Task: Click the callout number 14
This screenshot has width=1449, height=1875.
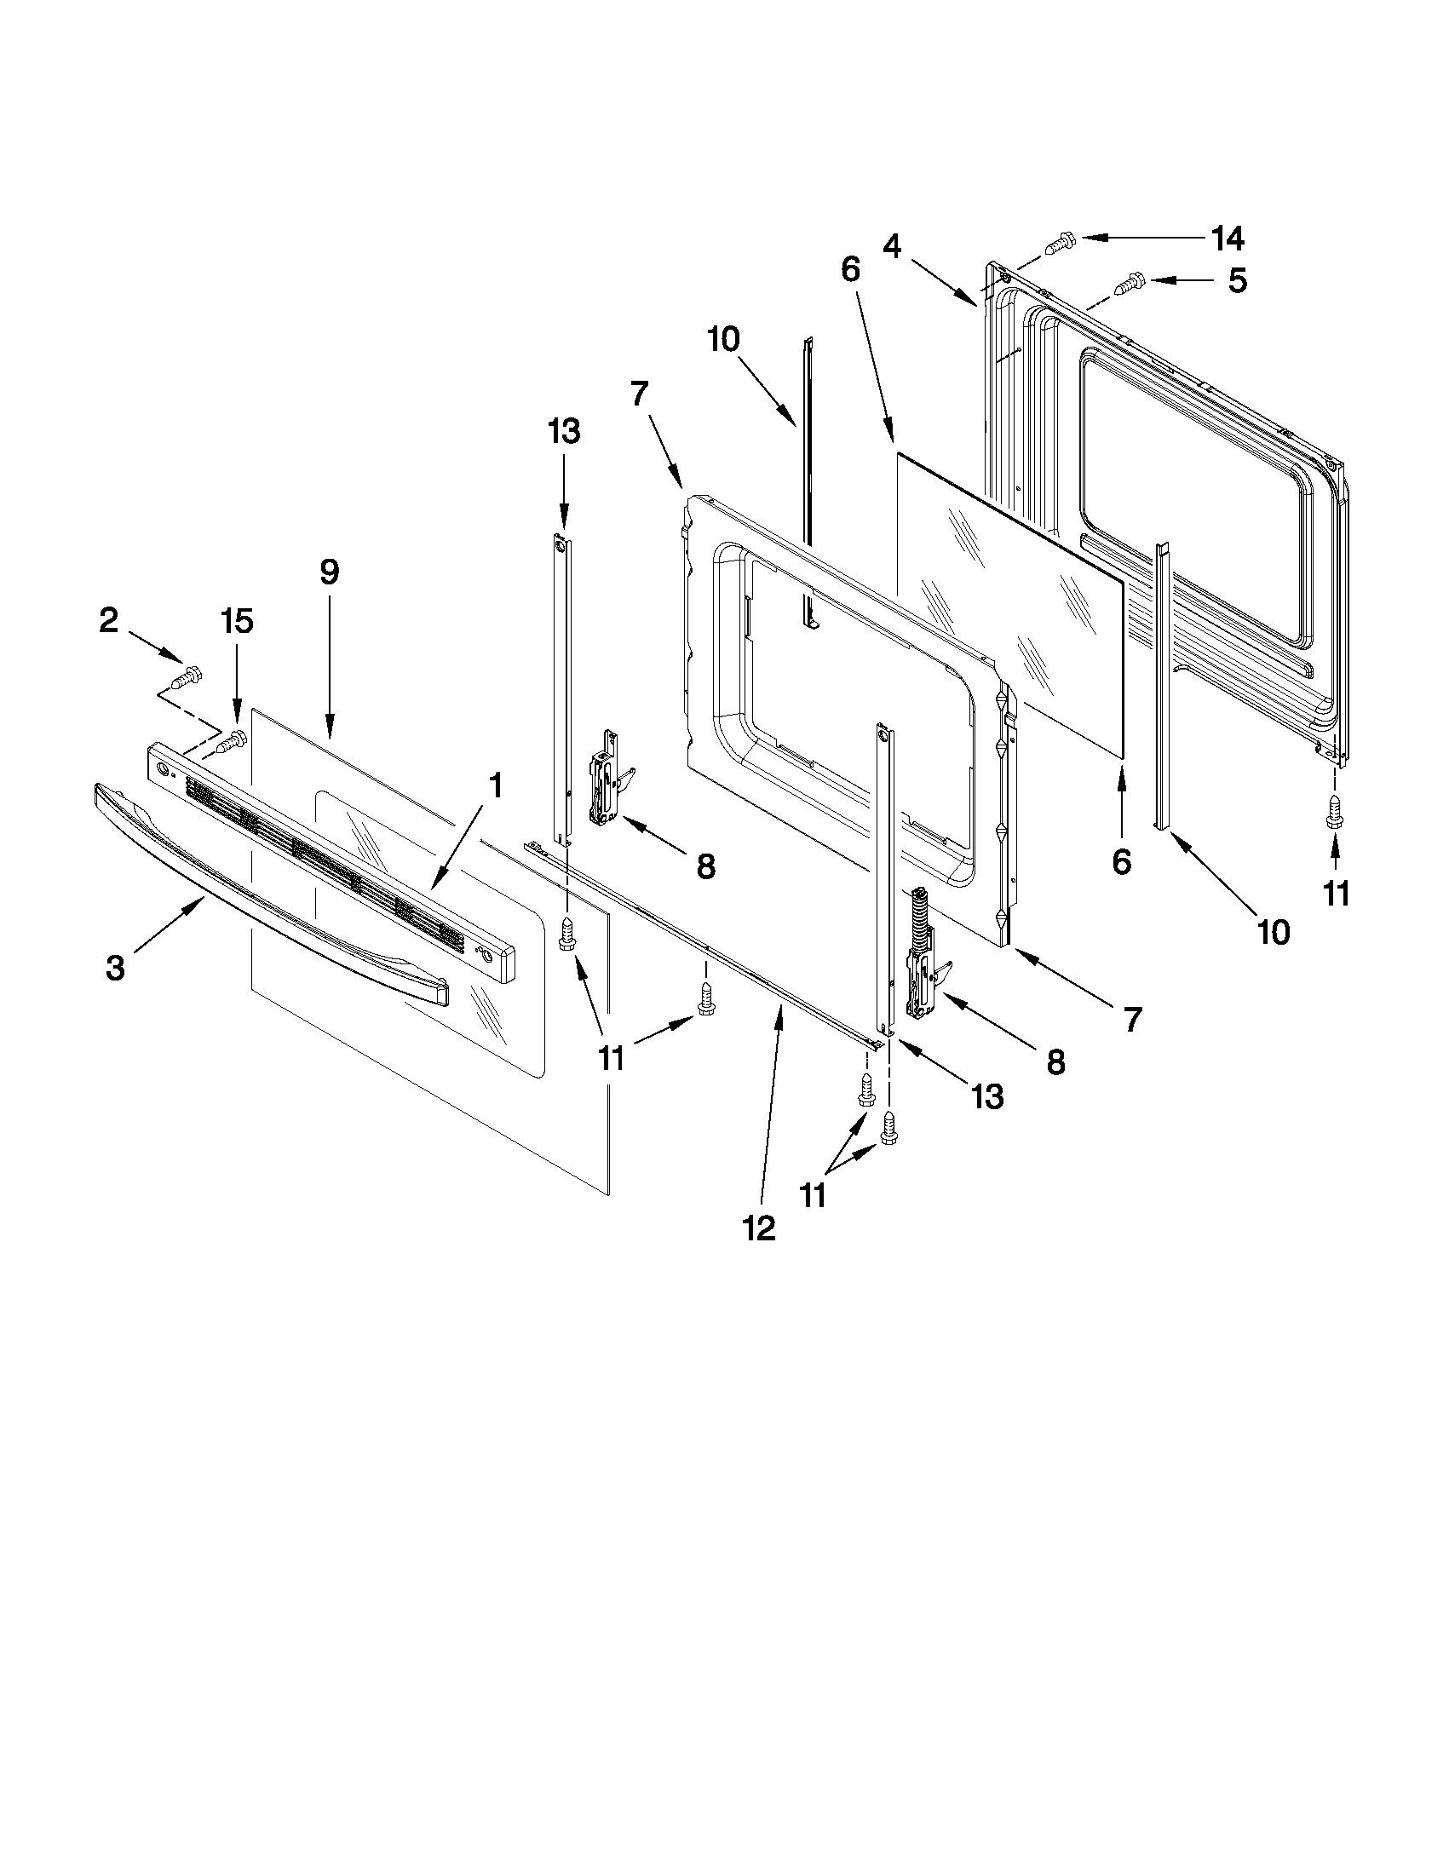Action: (1226, 239)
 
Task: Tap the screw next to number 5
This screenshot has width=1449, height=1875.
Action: (1127, 285)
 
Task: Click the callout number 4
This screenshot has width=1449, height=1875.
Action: (892, 246)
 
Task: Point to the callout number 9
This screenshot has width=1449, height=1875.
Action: (330, 572)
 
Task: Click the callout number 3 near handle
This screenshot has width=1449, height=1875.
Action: (115, 969)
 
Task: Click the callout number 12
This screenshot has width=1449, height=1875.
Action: (760, 1228)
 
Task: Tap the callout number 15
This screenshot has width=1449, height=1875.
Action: (238, 621)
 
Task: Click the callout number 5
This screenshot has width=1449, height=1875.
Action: (1236, 282)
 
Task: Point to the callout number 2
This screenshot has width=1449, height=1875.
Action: (108, 620)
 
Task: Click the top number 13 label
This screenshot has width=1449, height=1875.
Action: (563, 431)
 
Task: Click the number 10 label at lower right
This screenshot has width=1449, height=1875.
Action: (1273, 932)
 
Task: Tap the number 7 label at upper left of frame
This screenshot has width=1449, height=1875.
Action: (639, 394)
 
